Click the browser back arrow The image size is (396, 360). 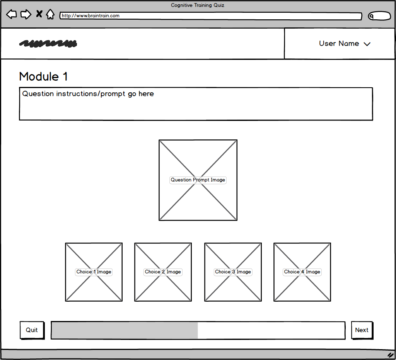(11, 14)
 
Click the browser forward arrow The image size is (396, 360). (26, 14)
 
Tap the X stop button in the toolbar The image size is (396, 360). (39, 14)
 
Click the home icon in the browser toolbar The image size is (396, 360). (50, 14)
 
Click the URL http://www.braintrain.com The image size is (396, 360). (90, 15)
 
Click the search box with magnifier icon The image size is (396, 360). (379, 16)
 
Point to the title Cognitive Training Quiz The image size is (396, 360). (198, 5)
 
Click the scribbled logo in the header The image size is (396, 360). (48, 43)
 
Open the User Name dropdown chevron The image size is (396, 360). (367, 44)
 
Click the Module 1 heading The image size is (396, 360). (43, 76)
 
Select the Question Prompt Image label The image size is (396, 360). (198, 180)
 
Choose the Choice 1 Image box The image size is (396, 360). (94, 272)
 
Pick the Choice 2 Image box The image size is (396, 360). (163, 272)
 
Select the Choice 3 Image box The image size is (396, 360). (233, 272)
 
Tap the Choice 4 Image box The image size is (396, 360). (302, 272)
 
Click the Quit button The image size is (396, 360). (32, 330)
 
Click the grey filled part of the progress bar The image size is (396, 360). (125, 330)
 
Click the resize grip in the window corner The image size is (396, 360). (391, 355)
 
